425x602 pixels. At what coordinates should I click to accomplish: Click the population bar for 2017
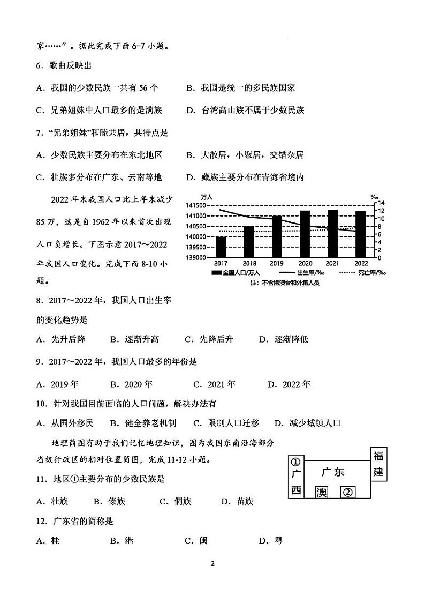tap(221, 247)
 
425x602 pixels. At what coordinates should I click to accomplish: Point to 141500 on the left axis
tap(196, 206)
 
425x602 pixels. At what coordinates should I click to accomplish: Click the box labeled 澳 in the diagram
tap(321, 492)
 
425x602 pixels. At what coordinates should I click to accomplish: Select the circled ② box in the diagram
tap(348, 492)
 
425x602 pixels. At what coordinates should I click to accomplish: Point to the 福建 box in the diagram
tap(378, 464)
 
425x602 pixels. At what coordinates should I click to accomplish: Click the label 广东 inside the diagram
tap(333, 472)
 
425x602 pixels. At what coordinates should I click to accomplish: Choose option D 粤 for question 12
tap(271, 540)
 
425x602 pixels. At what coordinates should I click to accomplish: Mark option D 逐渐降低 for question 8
tap(284, 339)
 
